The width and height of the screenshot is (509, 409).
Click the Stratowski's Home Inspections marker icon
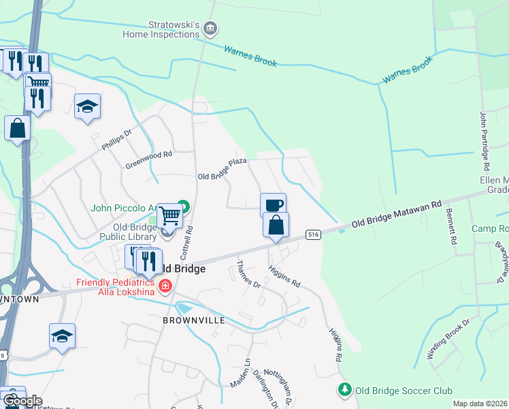[x=211, y=28]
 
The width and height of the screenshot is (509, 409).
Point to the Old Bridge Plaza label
[x=221, y=170]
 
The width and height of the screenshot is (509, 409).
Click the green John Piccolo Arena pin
[x=183, y=205]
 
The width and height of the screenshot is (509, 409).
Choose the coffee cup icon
[x=273, y=204]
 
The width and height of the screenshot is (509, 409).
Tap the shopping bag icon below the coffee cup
[x=276, y=224]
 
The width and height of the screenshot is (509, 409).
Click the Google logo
[x=22, y=401]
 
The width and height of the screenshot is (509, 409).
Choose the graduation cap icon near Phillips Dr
[x=87, y=106]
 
